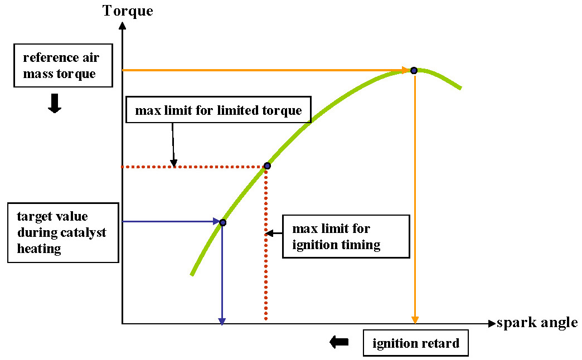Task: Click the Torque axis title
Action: click(x=128, y=10)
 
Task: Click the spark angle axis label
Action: click(x=537, y=323)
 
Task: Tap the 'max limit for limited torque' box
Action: click(x=219, y=110)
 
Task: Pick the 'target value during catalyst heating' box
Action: click(x=64, y=232)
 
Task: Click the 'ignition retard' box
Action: click(x=415, y=343)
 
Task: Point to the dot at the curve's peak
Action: click(x=414, y=70)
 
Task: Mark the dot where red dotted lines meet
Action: click(x=267, y=166)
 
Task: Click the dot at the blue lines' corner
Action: click(x=222, y=222)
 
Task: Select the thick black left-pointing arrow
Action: click(x=339, y=342)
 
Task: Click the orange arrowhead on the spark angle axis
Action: click(x=414, y=319)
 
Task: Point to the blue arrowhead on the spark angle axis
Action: click(x=222, y=320)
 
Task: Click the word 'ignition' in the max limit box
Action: click(x=313, y=245)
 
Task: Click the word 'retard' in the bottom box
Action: click(x=441, y=343)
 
